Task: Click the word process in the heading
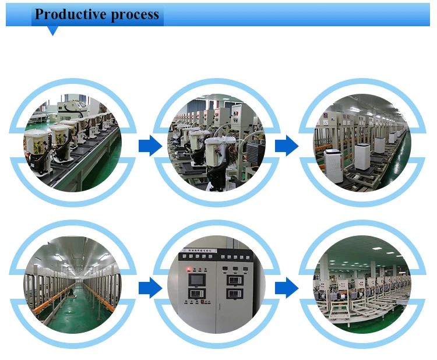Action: [x=135, y=14]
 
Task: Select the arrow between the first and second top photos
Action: [x=150, y=146]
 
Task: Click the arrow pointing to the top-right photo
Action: [x=286, y=146]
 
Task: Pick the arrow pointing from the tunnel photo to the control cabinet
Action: [x=150, y=287]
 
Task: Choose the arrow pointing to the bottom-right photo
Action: [x=286, y=287]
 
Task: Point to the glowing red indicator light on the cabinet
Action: [x=189, y=269]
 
